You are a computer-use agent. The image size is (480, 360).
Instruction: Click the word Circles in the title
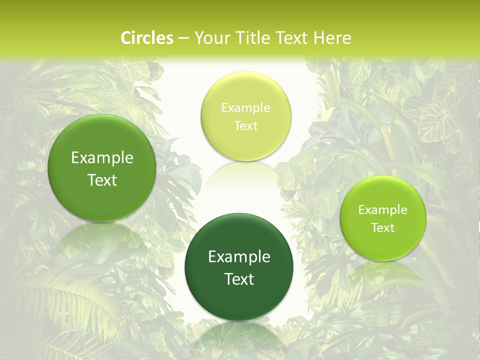[x=147, y=38]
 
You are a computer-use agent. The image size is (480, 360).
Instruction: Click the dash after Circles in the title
[x=183, y=38]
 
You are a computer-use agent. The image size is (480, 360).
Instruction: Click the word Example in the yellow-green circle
[x=245, y=108]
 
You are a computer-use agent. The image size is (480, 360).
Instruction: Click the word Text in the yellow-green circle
[x=245, y=125]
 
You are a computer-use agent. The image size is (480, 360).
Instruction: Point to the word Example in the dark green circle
[x=239, y=257]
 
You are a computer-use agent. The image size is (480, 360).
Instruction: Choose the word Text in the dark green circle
[x=239, y=279]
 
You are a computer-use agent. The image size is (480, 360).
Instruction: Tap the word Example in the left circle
[x=102, y=158]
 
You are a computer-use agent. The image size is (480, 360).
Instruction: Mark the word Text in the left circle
[x=102, y=180]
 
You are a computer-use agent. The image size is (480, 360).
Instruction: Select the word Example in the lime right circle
[x=383, y=210]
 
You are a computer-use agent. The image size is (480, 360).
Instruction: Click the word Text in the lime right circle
[x=383, y=227]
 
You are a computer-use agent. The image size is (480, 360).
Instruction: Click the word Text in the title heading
[x=294, y=38]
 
